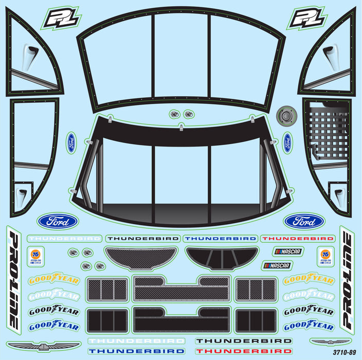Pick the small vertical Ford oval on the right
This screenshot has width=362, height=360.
287,142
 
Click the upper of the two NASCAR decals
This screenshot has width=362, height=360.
287,251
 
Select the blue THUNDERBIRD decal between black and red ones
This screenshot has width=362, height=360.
220,239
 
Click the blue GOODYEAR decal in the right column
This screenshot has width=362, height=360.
309,326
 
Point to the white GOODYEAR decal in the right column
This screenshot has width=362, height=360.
309,296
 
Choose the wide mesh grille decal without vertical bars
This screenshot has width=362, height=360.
140,258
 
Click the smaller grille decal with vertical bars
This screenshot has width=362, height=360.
222,258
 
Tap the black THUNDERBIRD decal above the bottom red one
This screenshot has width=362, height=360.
231,340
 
